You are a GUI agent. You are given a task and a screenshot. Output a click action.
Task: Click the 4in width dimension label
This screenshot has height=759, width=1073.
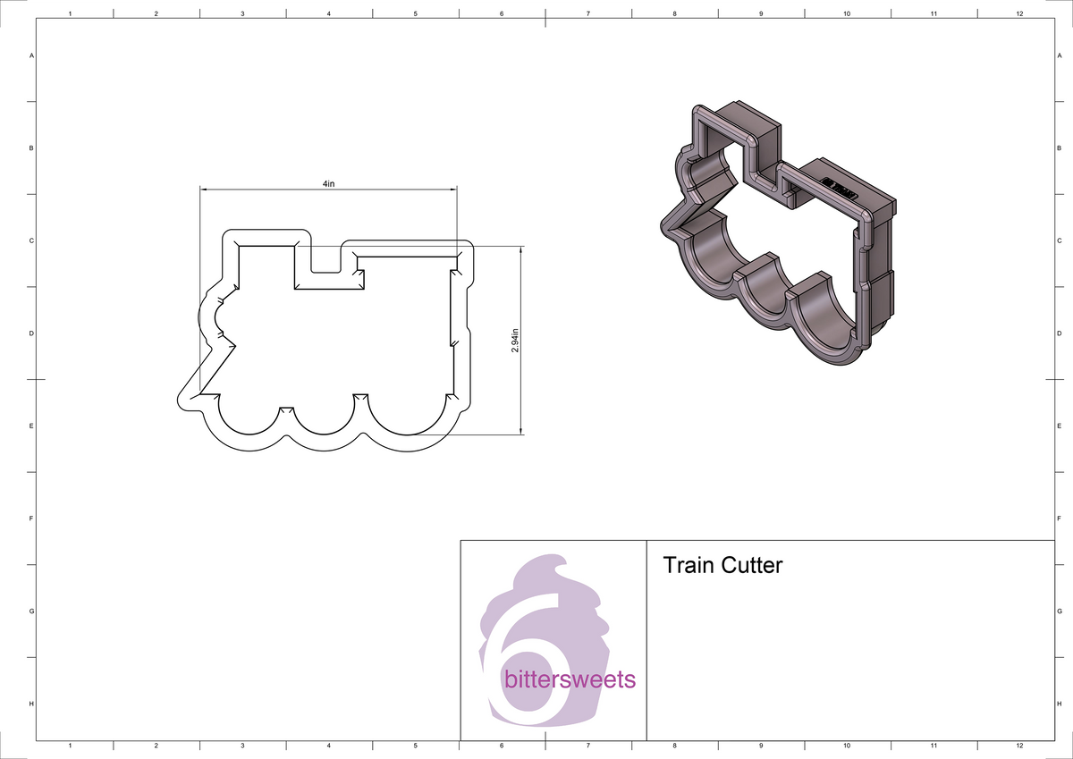coord(328,182)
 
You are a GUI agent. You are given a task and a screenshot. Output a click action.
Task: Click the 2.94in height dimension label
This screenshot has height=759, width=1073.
coord(515,340)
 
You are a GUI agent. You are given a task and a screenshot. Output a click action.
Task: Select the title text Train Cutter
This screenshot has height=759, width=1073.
coord(722,565)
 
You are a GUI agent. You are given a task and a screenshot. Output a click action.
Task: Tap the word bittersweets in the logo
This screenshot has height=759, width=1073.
coord(570,679)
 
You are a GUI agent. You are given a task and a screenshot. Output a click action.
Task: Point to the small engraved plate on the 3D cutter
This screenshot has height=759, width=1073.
coord(839,187)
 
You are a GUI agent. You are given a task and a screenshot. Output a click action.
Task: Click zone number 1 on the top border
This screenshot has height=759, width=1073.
coord(70,13)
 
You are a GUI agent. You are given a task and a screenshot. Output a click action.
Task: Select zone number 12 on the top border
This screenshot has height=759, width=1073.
coord(1019,13)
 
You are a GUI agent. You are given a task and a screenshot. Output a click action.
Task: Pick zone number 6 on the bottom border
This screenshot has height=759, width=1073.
coord(502,745)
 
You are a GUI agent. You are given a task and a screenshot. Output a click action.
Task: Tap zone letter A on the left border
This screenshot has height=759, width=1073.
coord(32,55)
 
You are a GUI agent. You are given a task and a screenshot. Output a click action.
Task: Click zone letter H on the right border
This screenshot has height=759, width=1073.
coord(1059,704)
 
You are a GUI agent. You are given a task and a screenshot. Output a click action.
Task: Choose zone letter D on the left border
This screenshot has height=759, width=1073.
coord(32,333)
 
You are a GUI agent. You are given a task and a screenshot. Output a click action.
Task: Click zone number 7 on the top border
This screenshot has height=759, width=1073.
coord(587,13)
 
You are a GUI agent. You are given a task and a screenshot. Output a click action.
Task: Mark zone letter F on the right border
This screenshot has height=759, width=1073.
coord(1059,519)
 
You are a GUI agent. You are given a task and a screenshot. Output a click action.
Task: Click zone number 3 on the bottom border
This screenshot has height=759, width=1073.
coord(242,745)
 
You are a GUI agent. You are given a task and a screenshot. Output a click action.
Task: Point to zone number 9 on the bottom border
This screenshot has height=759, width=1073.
coord(760,745)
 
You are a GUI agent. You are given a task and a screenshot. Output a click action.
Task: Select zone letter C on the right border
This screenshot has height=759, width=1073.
coord(1059,240)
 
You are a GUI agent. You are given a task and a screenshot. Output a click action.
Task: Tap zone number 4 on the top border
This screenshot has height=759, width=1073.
coord(329,13)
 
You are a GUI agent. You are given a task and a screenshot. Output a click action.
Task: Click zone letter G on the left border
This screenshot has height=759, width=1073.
coord(32,611)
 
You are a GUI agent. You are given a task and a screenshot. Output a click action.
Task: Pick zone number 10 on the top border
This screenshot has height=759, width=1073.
coord(846,13)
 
